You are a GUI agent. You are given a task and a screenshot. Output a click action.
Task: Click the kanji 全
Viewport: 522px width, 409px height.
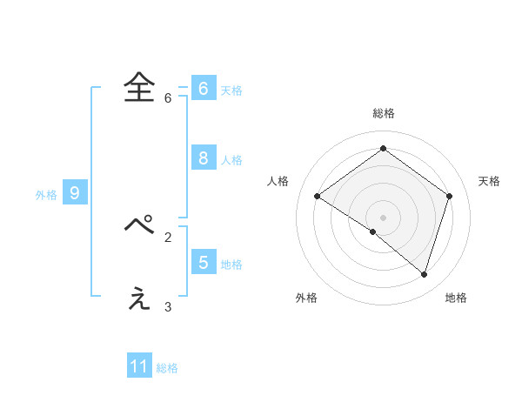point(139,87)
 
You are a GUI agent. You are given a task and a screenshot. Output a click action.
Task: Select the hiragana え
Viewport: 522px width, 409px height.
point(139,298)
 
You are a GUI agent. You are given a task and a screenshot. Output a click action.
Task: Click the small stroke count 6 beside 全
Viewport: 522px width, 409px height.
point(168,98)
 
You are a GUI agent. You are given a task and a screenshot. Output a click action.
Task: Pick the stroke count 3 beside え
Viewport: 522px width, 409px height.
point(168,307)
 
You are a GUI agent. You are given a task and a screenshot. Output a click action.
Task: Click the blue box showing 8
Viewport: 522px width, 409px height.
point(204,158)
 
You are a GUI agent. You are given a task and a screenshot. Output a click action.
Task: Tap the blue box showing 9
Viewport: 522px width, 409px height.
point(75,193)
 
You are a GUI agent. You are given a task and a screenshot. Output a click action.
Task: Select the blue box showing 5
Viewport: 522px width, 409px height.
point(204,262)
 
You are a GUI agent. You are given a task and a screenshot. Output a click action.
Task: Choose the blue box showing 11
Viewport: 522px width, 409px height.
point(139,366)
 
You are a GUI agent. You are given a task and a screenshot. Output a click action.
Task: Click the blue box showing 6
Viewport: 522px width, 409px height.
point(204,88)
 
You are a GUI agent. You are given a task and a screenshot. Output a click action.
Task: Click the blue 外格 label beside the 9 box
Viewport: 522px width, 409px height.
point(46,195)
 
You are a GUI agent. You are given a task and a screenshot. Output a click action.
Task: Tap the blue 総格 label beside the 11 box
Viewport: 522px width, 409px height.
point(167,368)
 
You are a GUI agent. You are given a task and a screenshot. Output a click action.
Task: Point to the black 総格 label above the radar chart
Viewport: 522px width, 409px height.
point(384,114)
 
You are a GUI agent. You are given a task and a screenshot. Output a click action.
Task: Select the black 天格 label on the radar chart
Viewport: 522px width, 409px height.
point(490,181)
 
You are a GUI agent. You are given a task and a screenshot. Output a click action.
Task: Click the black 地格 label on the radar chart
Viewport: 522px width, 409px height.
point(456,298)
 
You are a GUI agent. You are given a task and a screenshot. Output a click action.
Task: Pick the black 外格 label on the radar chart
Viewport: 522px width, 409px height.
point(306,298)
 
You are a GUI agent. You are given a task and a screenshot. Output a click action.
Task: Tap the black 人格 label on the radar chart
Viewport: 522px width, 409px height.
point(278,181)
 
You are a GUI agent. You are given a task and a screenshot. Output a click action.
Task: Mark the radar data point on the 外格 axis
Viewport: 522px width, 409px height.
point(373,231)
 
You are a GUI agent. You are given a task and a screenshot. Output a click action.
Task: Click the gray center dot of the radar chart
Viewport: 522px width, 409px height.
point(383,217)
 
